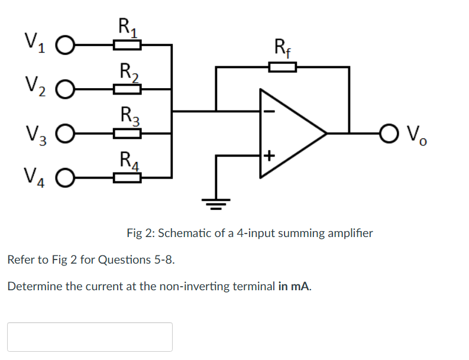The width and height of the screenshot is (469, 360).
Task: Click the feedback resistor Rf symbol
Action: click(282, 66)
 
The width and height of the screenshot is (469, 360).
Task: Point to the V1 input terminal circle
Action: click(66, 46)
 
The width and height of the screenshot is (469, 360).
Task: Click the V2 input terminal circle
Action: click(66, 90)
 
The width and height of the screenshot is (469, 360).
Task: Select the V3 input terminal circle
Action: click(66, 134)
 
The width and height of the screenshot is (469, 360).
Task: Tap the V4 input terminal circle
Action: click(66, 177)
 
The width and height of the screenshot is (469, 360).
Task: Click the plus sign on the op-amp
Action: click(269, 156)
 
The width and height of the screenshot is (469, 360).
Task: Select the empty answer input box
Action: click(90, 337)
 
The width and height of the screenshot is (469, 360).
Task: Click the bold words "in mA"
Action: click(294, 287)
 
